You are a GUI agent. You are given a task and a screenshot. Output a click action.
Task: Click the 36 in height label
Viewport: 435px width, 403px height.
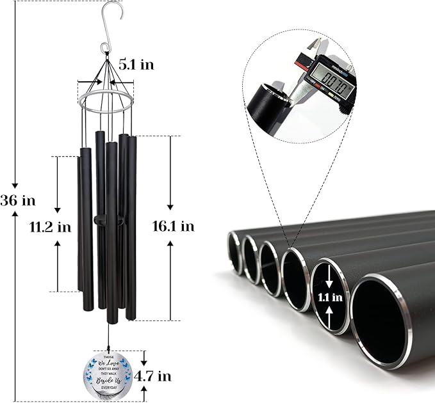(x=17, y=200)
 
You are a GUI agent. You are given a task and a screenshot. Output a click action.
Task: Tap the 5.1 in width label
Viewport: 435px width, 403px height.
(x=136, y=65)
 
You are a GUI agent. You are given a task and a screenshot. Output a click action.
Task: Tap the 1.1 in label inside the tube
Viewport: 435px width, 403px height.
(x=331, y=296)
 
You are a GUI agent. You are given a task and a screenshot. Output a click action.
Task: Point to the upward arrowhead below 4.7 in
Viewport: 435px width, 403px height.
(x=144, y=391)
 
